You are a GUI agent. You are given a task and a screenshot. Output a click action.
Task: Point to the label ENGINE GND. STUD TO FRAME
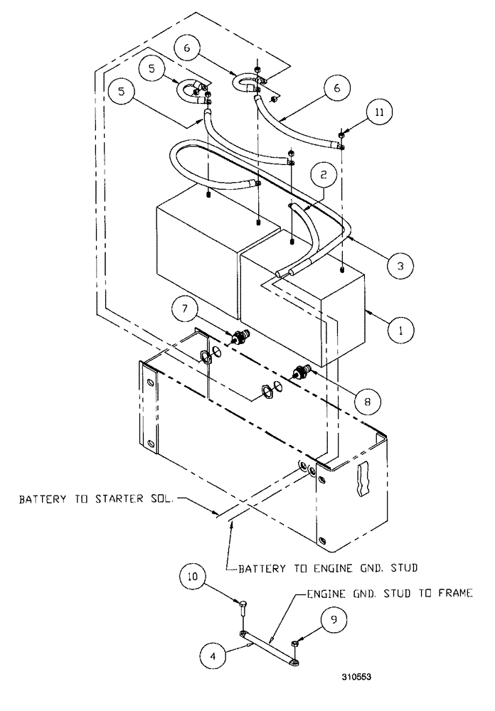tap(389, 593)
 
